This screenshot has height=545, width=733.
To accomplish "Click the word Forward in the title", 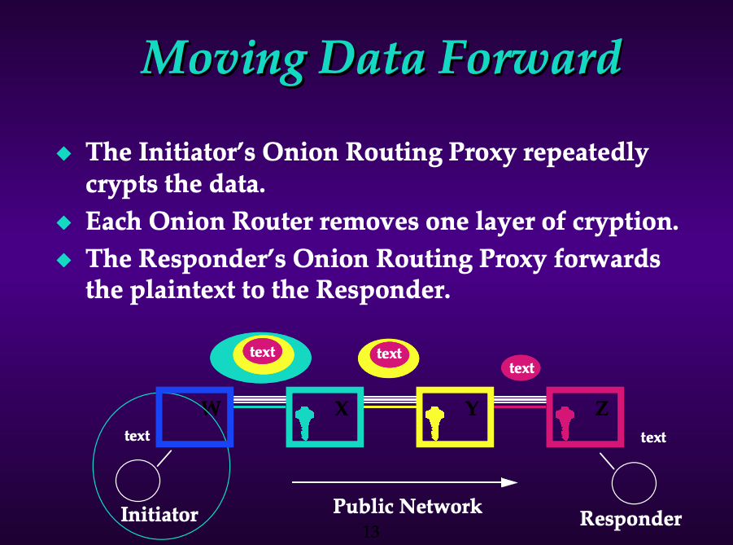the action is pyautogui.click(x=530, y=57).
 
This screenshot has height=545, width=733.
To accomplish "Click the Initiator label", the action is pyautogui.click(x=159, y=515).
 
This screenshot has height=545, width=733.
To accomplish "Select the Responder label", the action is pyautogui.click(x=630, y=519).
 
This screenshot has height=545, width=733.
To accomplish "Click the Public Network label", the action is pyautogui.click(x=408, y=506).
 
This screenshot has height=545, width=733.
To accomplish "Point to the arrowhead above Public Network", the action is pyautogui.click(x=509, y=482).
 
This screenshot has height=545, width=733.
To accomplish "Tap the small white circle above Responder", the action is pyautogui.click(x=634, y=463).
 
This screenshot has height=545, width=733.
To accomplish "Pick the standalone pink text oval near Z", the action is pyautogui.click(x=521, y=367).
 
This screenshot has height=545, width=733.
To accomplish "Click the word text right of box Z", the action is pyautogui.click(x=653, y=437).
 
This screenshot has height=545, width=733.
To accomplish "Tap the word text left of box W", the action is pyautogui.click(x=137, y=436).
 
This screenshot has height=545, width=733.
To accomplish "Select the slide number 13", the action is pyautogui.click(x=371, y=532).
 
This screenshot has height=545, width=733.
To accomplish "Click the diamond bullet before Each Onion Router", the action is pyautogui.click(x=64, y=222).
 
